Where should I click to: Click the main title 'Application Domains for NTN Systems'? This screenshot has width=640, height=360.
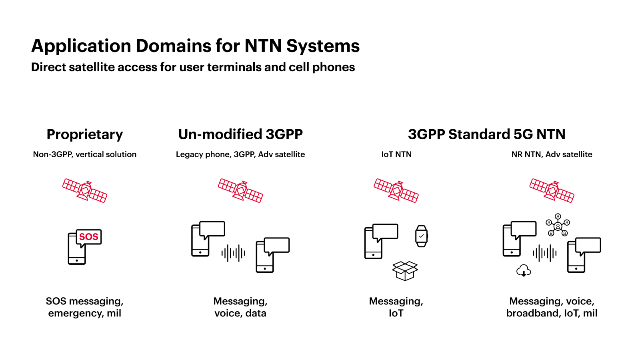tap(195, 46)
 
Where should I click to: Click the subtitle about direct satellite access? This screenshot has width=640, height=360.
tap(193, 67)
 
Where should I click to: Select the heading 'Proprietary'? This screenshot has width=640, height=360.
tap(85, 134)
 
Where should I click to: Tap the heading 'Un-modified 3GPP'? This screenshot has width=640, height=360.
tap(240, 134)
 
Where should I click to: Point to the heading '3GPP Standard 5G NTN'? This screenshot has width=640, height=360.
tap(486, 134)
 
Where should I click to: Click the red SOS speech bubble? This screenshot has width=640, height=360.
tap(89, 237)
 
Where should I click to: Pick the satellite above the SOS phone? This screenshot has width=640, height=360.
tap(85, 190)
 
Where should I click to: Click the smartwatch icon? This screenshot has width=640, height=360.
tap(421, 236)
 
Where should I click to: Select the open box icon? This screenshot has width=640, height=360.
tap(405, 271)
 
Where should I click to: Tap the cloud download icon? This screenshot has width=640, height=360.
tap(524, 271)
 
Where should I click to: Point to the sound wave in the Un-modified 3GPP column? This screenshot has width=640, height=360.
tap(233, 253)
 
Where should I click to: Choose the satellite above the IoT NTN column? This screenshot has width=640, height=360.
tap(396, 190)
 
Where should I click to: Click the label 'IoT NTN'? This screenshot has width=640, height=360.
tap(396, 154)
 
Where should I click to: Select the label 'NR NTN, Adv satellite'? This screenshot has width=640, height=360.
tap(552, 154)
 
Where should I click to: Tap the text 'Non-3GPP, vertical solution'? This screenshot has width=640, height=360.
tap(85, 154)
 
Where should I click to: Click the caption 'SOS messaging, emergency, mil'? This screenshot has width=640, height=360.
tap(85, 307)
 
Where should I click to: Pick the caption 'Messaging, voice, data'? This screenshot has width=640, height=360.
tap(240, 307)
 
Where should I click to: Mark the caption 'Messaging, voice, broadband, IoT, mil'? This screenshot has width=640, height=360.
tap(552, 307)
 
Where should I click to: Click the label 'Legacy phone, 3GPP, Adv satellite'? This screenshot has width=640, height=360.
tap(240, 154)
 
